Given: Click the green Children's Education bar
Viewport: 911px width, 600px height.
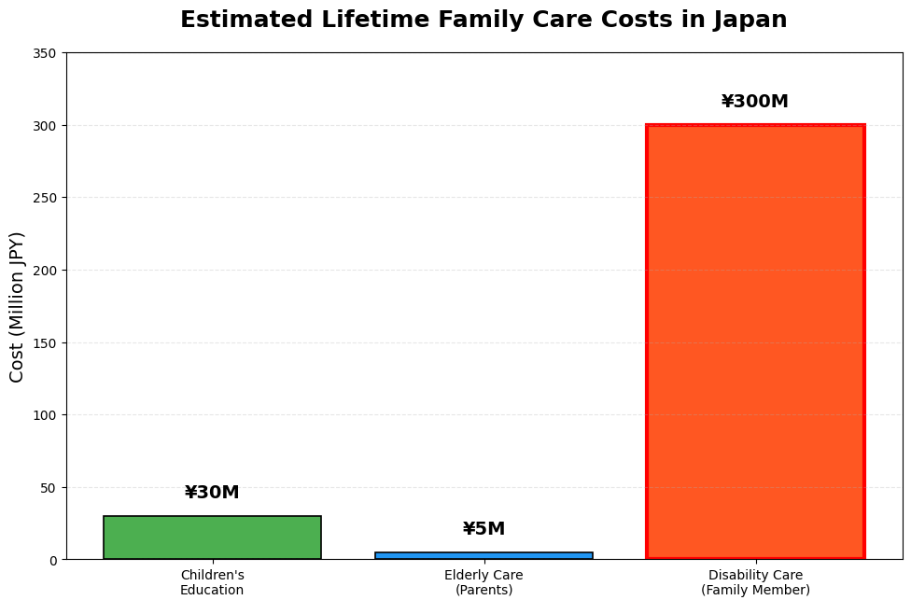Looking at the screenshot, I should point(212,537).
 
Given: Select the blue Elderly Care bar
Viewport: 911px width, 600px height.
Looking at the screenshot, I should point(484,556).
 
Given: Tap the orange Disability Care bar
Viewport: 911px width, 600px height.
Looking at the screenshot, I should point(755,342).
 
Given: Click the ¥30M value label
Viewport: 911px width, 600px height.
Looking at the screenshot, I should point(212,493).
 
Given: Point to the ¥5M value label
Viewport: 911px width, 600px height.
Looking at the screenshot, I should point(484,529).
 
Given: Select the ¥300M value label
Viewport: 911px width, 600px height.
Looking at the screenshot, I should point(755,102).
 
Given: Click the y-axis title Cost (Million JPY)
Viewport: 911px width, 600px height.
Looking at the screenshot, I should point(18,306).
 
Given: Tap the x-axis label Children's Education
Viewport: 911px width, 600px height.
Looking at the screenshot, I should point(212,582).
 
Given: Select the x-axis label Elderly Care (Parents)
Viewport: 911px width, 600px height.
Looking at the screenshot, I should point(484,582).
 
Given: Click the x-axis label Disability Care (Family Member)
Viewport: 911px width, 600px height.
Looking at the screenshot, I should point(755,582).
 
